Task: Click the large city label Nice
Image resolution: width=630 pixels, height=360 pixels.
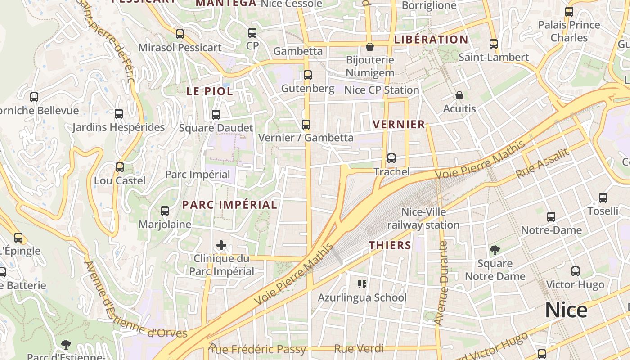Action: (x=566, y=310)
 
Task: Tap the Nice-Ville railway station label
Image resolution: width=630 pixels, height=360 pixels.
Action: (x=423, y=218)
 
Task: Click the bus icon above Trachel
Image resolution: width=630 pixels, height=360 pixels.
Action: (x=391, y=158)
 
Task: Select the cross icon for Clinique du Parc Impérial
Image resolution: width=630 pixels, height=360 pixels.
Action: (x=221, y=245)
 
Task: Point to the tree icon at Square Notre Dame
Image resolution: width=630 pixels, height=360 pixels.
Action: (x=495, y=250)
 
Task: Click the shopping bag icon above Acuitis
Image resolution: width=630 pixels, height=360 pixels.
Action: (x=459, y=95)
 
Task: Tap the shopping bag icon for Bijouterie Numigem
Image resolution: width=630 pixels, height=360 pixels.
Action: (x=370, y=47)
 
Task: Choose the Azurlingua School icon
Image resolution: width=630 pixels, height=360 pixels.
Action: (x=362, y=284)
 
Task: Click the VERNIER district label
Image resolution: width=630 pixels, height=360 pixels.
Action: (x=399, y=125)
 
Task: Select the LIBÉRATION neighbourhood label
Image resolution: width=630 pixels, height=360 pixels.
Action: (x=431, y=40)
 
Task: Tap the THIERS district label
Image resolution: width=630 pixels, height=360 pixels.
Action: (x=390, y=245)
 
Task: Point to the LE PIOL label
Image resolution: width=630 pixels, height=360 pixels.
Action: (x=210, y=91)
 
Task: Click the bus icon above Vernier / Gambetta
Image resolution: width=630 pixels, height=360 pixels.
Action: (x=306, y=124)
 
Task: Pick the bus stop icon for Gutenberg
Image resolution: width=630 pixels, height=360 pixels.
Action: (x=308, y=75)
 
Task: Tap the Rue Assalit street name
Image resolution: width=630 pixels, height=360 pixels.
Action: (x=542, y=162)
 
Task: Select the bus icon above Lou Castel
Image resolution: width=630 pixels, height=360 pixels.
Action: (x=120, y=167)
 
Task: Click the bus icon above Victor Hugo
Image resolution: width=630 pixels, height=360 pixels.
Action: (x=576, y=271)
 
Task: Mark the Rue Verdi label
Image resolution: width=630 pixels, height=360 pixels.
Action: (x=359, y=349)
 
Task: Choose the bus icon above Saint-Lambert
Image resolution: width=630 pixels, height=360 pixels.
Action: (x=494, y=44)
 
